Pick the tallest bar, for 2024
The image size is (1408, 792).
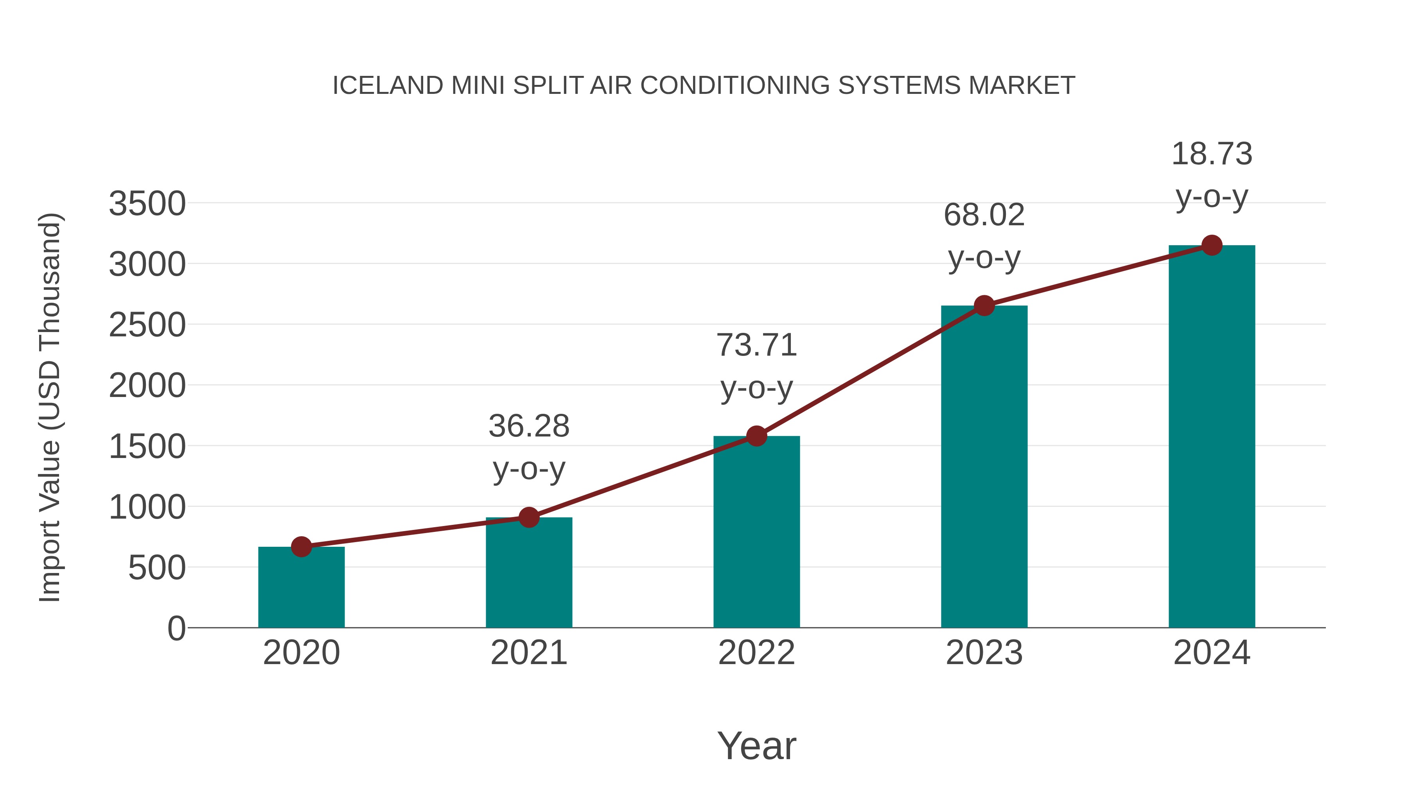(x=1212, y=437)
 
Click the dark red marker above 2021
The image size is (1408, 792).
(x=528, y=517)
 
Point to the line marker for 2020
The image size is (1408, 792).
(x=301, y=547)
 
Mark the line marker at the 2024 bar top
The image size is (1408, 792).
(x=1212, y=245)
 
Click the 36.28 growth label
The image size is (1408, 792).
(x=528, y=426)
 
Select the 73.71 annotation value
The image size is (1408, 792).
(x=756, y=345)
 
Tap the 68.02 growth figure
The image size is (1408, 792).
(x=984, y=215)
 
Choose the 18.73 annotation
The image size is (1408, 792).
(x=1212, y=154)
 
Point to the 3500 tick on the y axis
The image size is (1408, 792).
(x=147, y=204)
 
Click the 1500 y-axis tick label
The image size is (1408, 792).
(x=147, y=447)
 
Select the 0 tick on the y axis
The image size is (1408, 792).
(x=176, y=629)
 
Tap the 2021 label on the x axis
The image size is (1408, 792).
(x=528, y=653)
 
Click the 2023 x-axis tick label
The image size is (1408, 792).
(x=984, y=653)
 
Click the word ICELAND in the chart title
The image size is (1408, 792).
(x=388, y=86)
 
